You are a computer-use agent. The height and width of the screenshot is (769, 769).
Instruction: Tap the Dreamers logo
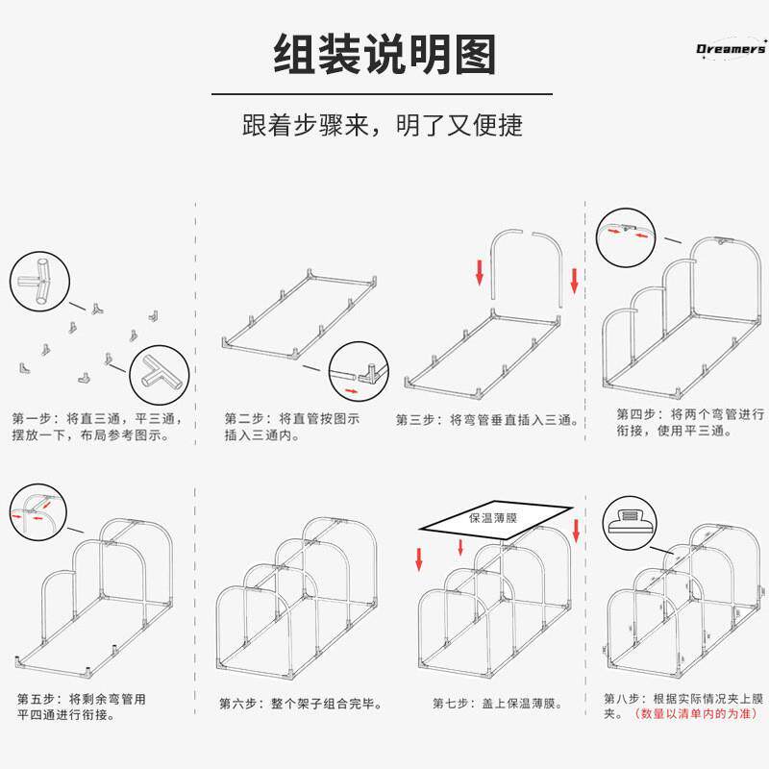pyautogui.click(x=731, y=49)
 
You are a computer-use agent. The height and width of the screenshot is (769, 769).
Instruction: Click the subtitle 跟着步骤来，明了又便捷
pyautogui.click(x=384, y=126)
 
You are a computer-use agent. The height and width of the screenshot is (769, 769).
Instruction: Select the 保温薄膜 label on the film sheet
pyautogui.click(x=493, y=516)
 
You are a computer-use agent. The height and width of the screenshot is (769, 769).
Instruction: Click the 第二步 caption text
pyautogui.click(x=292, y=427)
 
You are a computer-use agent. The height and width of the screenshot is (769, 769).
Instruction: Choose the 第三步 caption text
pyautogui.click(x=487, y=419)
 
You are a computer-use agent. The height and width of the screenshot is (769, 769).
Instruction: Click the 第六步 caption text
pyautogui.click(x=301, y=704)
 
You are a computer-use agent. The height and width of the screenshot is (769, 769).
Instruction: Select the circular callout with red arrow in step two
pyautogui.click(x=357, y=372)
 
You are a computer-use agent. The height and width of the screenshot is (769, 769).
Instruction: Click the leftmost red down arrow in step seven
pyautogui.click(x=420, y=557)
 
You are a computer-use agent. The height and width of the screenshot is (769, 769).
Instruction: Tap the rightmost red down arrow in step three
pyautogui.click(x=575, y=281)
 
